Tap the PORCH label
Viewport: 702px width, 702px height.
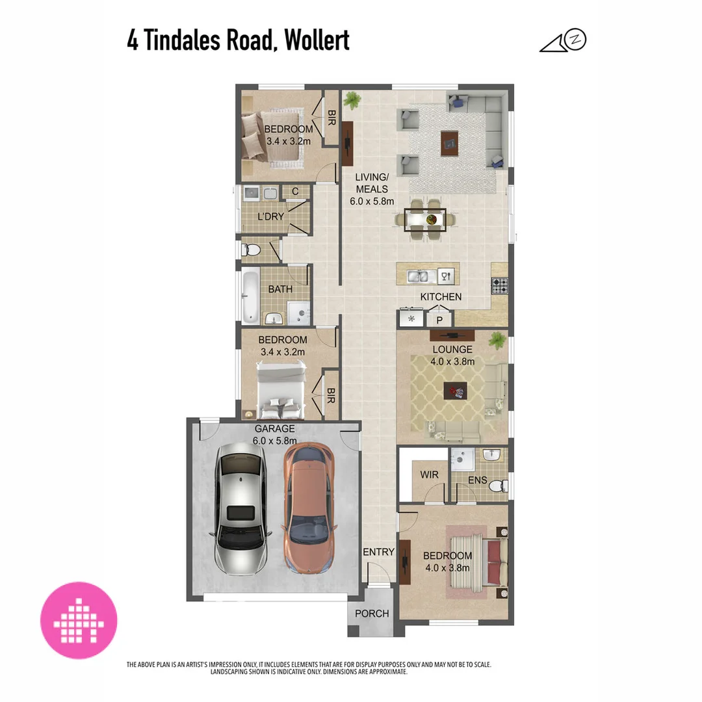(x=372, y=614)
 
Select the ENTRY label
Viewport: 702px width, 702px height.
(x=378, y=552)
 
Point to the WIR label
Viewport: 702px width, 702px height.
(x=429, y=475)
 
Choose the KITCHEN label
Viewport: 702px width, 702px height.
(x=441, y=297)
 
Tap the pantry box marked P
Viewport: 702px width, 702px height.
(x=439, y=320)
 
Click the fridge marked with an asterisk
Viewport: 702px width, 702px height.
(x=411, y=319)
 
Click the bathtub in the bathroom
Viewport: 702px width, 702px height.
(x=249, y=298)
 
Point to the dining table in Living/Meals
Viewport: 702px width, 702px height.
(x=426, y=220)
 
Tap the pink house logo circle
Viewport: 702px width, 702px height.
(x=79, y=620)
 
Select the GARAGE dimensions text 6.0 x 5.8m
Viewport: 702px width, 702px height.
(x=274, y=440)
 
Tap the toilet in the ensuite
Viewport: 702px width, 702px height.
(x=499, y=486)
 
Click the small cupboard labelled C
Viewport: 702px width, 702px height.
(x=294, y=191)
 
